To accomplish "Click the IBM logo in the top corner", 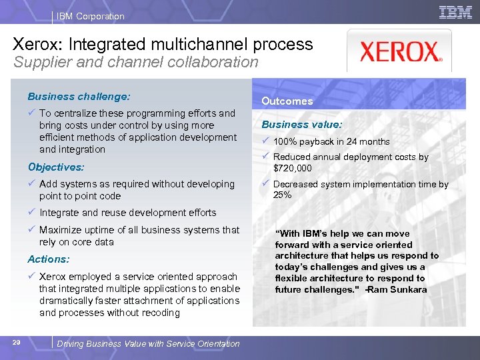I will [x=456, y=13].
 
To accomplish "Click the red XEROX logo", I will [x=399, y=52].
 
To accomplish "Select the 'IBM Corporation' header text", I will [x=91, y=16].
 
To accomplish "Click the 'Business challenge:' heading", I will [x=79, y=97].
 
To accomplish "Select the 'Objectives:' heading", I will [x=56, y=167].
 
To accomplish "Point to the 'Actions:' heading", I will [x=49, y=259].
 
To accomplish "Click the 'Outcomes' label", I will [x=287, y=101].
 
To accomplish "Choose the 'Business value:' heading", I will [x=302, y=125].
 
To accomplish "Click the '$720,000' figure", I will [x=293, y=168].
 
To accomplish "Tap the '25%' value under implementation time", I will [x=282, y=195].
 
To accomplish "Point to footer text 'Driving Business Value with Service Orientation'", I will [x=148, y=343].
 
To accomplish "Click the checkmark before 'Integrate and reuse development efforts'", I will [x=31, y=213].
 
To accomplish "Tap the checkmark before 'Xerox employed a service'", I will [x=31, y=276].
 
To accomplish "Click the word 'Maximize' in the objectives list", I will [x=60, y=230].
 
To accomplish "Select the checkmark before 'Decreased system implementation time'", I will [x=265, y=183].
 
